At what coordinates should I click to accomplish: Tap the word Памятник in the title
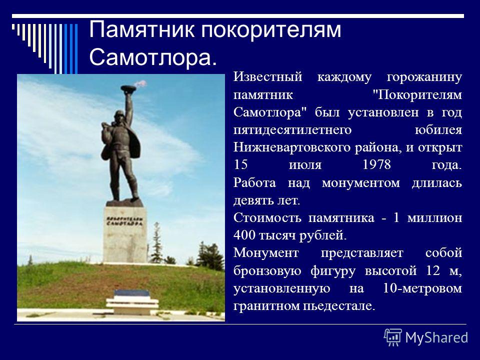click(x=141, y=29)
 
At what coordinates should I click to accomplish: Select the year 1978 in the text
click(x=377, y=164)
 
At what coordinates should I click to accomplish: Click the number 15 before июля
click(x=240, y=164)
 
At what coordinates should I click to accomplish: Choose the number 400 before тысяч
click(x=244, y=235)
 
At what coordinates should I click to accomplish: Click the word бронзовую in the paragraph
click(x=267, y=271)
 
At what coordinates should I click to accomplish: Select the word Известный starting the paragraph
click(x=268, y=77)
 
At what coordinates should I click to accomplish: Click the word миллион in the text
click(x=434, y=218)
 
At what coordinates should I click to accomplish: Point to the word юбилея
click(x=438, y=130)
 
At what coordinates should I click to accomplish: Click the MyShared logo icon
click(x=393, y=337)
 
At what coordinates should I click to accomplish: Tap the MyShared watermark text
click(x=436, y=337)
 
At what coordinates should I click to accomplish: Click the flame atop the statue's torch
click(x=140, y=83)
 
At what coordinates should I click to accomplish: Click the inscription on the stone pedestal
click(x=124, y=221)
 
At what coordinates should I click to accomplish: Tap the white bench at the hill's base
click(x=132, y=302)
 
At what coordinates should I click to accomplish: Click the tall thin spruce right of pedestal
click(x=156, y=243)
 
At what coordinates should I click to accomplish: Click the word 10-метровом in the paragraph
click(x=422, y=288)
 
